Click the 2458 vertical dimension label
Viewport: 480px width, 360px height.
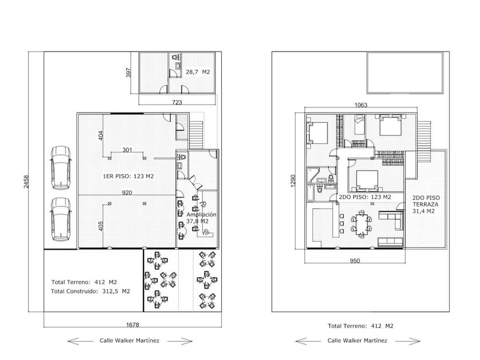coord(26,182)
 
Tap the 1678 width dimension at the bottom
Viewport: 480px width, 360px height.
coord(133,325)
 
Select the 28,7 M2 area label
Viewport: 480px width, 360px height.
coord(198,72)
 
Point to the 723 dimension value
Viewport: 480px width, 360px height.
coord(177,102)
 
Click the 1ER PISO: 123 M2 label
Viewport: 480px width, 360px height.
coord(128,177)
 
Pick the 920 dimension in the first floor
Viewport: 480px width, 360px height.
coord(127,193)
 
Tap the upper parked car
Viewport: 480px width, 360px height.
coord(61,168)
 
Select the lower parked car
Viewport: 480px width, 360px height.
coord(61,219)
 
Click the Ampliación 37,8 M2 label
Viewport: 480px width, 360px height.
coord(201,218)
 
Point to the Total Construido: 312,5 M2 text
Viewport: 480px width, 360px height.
coord(90,291)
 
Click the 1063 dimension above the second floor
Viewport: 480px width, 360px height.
coord(361,105)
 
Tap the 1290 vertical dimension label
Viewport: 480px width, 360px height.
coord(293,181)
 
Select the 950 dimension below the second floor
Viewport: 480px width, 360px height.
coord(355,261)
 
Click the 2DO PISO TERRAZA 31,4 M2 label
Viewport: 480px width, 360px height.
coord(426,205)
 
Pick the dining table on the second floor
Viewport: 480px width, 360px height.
coord(362,225)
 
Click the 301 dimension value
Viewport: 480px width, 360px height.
coord(127,150)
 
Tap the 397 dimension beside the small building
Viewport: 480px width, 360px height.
coord(129,73)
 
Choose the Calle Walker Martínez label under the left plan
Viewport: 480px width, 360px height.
coord(130,341)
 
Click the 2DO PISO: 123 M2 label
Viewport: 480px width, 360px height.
coord(365,197)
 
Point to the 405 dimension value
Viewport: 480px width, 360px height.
coord(101,226)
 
